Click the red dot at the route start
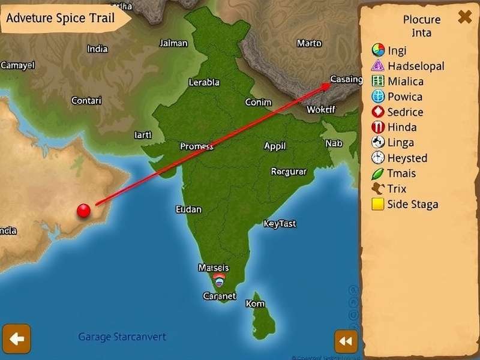pyautogui.click(x=84, y=210)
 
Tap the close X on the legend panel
pyautogui.click(x=464, y=17)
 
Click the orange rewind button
pyautogui.click(x=346, y=341)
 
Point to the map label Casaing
pyautogui.click(x=346, y=79)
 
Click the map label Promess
pyautogui.click(x=197, y=146)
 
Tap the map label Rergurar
pyautogui.click(x=289, y=172)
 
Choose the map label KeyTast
pyautogui.click(x=280, y=224)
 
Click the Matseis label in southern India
pyautogui.click(x=213, y=268)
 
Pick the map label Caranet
pyautogui.click(x=219, y=296)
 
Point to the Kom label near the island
pyautogui.click(x=255, y=304)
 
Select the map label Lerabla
pyautogui.click(x=204, y=83)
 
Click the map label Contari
pyautogui.click(x=86, y=100)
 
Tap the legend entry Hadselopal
pyautogui.click(x=416, y=66)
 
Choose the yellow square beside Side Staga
pyautogui.click(x=377, y=205)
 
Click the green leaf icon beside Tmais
pyautogui.click(x=377, y=174)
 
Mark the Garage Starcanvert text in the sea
pyautogui.click(x=122, y=337)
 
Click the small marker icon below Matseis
pyautogui.click(x=219, y=278)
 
